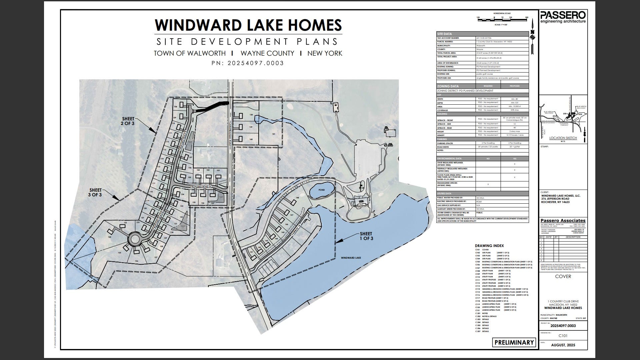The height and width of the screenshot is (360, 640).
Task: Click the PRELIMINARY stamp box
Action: (x=514, y=342)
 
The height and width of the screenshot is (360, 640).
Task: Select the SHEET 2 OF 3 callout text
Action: (x=128, y=121)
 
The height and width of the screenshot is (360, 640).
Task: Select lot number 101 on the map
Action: (x=273, y=134)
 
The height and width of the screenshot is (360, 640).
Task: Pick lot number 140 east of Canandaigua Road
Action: (x=251, y=139)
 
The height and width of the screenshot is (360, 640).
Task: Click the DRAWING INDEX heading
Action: (x=489, y=245)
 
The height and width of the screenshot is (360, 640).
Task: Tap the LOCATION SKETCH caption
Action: (x=563, y=138)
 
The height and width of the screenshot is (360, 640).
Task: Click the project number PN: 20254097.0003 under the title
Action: (x=248, y=63)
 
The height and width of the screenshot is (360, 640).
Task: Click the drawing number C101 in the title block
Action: (x=563, y=336)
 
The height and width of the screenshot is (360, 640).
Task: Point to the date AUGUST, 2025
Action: (x=563, y=345)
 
